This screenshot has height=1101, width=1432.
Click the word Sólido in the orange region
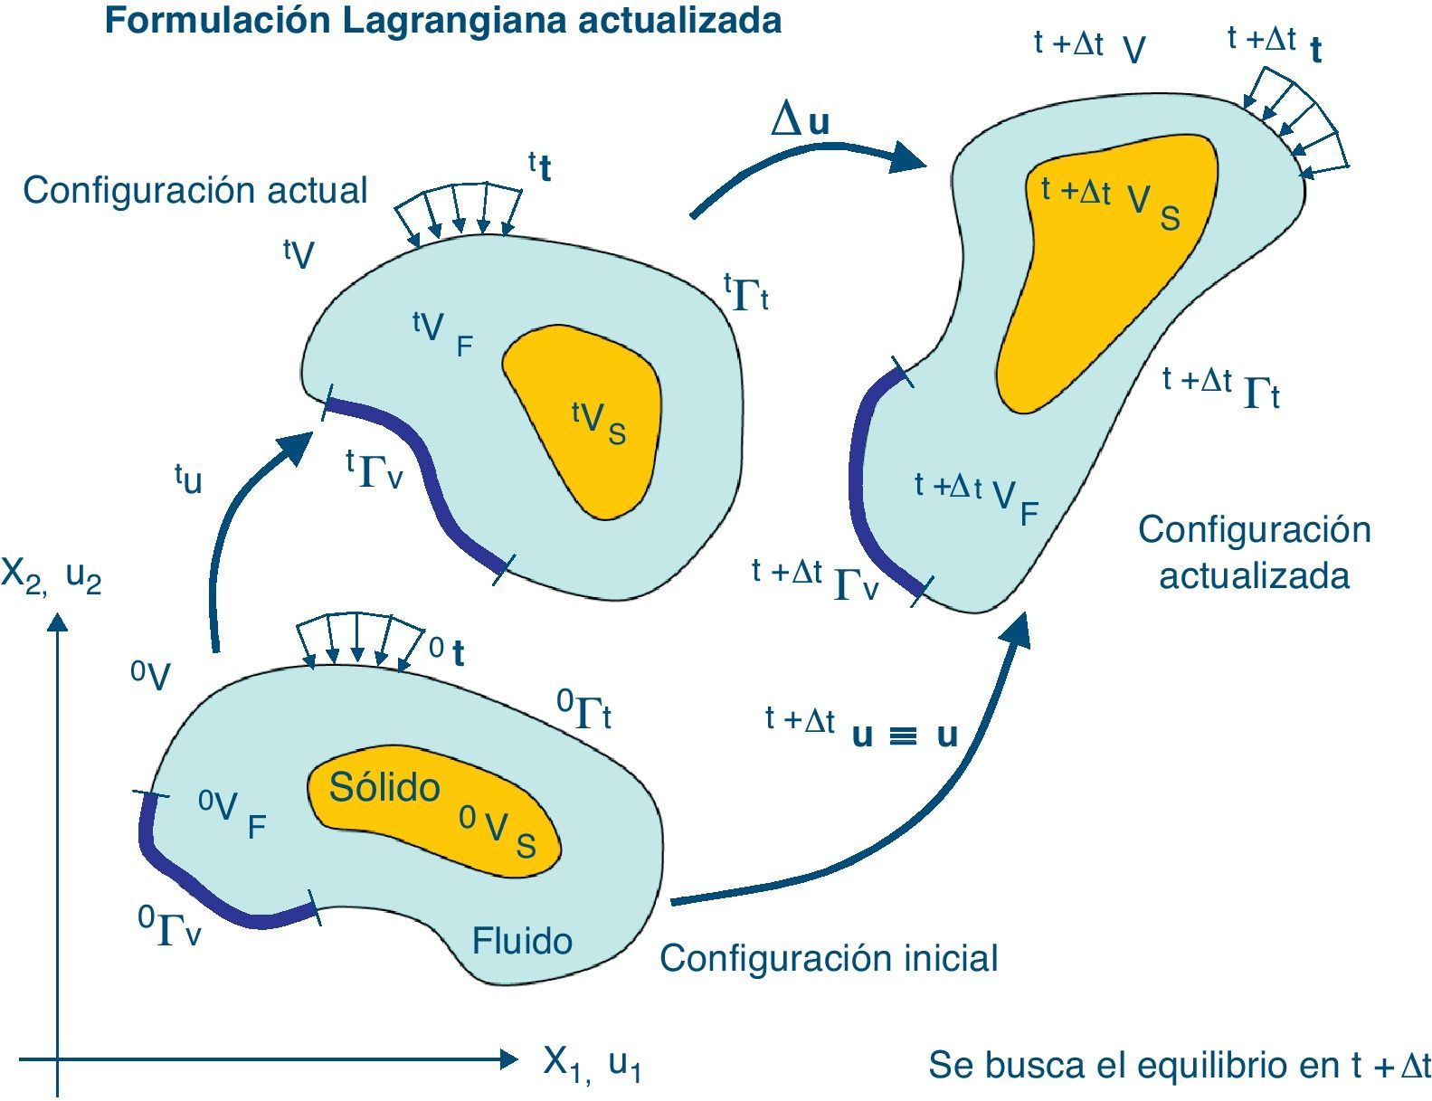point(384,787)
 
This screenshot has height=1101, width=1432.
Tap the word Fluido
point(522,941)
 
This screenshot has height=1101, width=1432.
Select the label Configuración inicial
point(828,958)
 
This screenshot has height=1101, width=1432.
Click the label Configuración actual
point(194,190)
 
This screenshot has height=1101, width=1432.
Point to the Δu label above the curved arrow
point(801,120)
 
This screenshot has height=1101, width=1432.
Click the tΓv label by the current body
point(374,470)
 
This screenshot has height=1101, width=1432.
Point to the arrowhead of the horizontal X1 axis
point(508,1058)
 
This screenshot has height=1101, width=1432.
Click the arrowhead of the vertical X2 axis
point(58,622)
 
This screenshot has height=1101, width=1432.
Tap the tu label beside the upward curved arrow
point(188,479)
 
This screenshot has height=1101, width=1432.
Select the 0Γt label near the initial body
point(583,710)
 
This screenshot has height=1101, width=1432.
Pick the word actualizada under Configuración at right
point(1254,575)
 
